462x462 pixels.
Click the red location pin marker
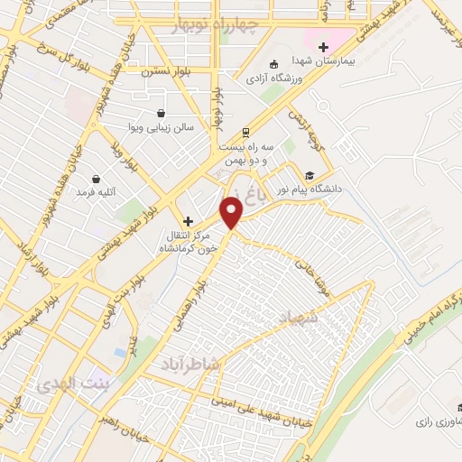tap(232, 211)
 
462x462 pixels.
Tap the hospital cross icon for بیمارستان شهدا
tap(323, 47)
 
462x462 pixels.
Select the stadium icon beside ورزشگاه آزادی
tap(274, 63)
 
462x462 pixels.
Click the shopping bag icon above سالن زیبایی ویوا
tap(161, 114)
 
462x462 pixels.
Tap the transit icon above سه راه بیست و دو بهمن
tap(247, 131)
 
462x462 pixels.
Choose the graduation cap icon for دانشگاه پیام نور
tap(310, 176)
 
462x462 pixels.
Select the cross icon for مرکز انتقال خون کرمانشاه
tap(188, 221)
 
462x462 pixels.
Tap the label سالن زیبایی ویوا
tap(162, 130)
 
